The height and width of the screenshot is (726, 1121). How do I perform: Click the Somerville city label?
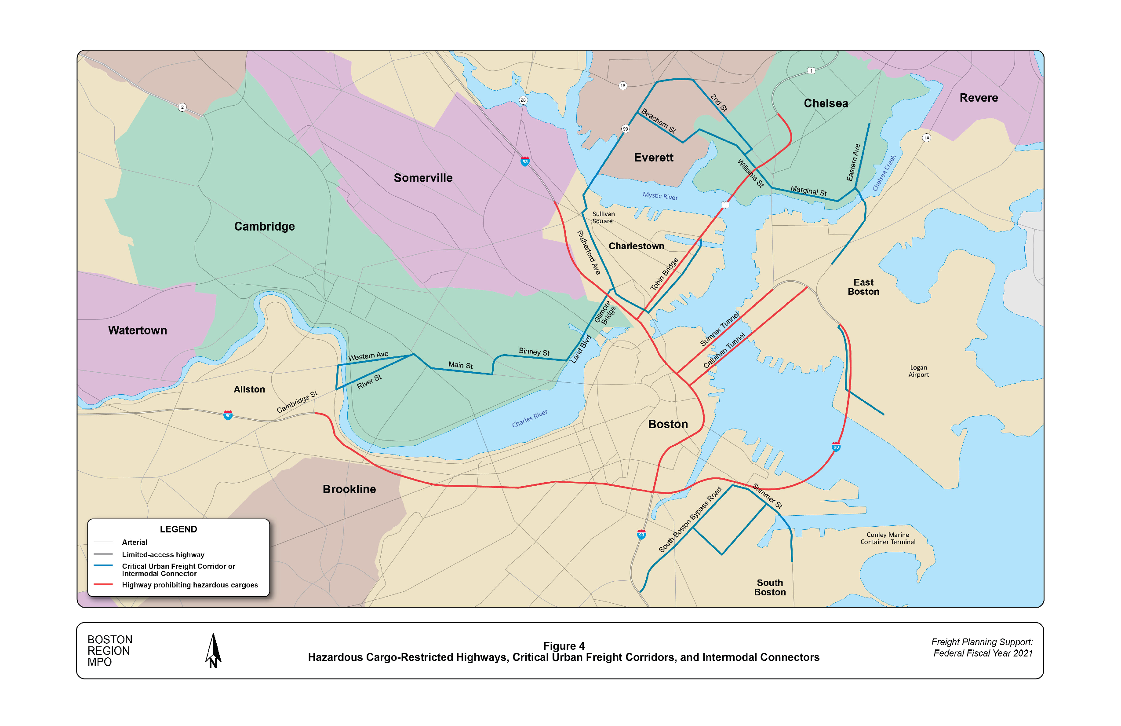click(x=422, y=178)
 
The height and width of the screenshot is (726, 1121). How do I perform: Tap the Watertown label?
click(x=138, y=330)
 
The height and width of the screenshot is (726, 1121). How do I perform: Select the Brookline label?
click(x=349, y=489)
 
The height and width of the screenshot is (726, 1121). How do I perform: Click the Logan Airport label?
click(x=918, y=371)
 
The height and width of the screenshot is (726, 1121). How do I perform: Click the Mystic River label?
click(x=660, y=196)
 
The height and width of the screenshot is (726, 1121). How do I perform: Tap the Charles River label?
click(x=529, y=418)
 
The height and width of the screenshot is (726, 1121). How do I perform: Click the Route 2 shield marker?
click(x=182, y=107)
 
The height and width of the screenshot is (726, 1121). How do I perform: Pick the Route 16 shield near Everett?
click(x=622, y=86)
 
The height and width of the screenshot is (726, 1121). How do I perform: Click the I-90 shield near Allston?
click(x=228, y=415)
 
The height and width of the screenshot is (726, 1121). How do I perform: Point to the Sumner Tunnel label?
click(x=719, y=329)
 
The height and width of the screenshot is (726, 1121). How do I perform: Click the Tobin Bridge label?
click(x=664, y=274)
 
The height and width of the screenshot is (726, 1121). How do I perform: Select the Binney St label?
click(x=534, y=352)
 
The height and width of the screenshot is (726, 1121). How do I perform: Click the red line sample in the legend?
click(x=103, y=584)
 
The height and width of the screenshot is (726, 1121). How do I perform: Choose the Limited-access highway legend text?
click(x=163, y=554)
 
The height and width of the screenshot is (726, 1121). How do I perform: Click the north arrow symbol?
click(x=213, y=650)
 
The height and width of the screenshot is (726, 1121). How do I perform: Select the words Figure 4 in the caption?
click(x=563, y=646)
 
